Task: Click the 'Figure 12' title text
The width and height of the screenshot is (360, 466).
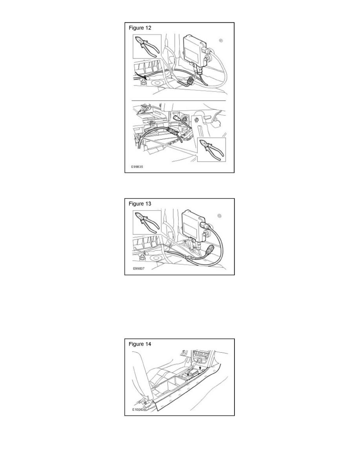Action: pyautogui.click(x=140, y=28)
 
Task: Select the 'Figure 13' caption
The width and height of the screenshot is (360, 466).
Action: pyautogui.click(x=140, y=204)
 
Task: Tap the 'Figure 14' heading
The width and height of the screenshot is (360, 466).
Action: pyautogui.click(x=140, y=344)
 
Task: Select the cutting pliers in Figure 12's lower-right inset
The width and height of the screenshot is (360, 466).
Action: pyautogui.click(x=212, y=150)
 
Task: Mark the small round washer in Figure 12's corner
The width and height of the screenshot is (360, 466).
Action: pyautogui.click(x=222, y=40)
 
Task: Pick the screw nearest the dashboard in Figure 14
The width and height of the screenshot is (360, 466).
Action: pyautogui.click(x=200, y=368)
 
